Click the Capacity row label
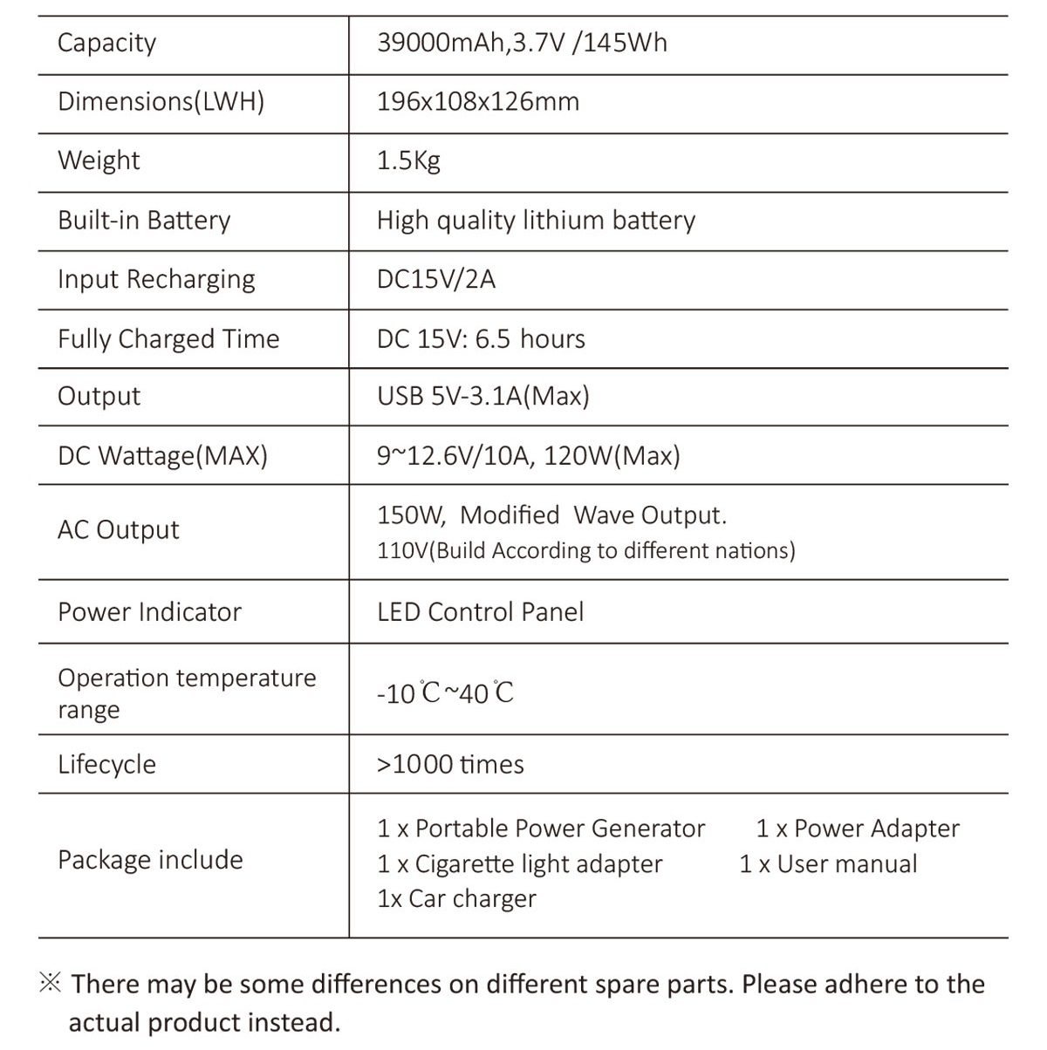[x=106, y=43]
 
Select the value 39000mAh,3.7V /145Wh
[x=522, y=43]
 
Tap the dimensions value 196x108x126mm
[x=477, y=102]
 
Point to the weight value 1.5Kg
[x=408, y=161]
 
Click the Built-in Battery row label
[x=144, y=220]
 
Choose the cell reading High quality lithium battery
[x=536, y=220]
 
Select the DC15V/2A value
[x=435, y=279]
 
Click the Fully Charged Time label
[x=168, y=338]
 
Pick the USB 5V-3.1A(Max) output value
[x=482, y=397]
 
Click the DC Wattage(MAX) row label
[x=162, y=455]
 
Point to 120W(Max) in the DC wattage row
[x=612, y=455]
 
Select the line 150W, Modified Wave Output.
[x=551, y=515]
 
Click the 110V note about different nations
[x=585, y=551]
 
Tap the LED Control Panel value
[x=480, y=611]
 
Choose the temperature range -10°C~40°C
[x=445, y=693]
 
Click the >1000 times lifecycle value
[x=450, y=765]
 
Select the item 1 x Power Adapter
[x=858, y=828]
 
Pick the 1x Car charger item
[x=456, y=898]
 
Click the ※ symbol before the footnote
[x=51, y=984]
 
